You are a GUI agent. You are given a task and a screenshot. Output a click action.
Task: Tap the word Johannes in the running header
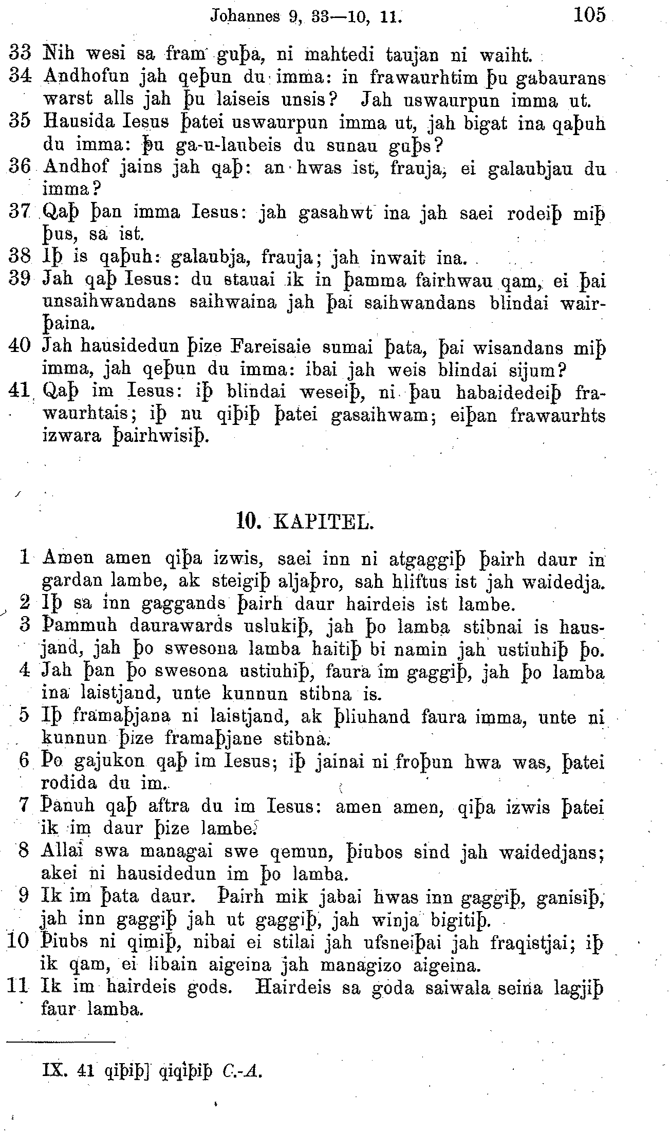pyautogui.click(x=245, y=16)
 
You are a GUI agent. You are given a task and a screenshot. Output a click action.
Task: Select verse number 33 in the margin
pyautogui.click(x=21, y=53)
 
